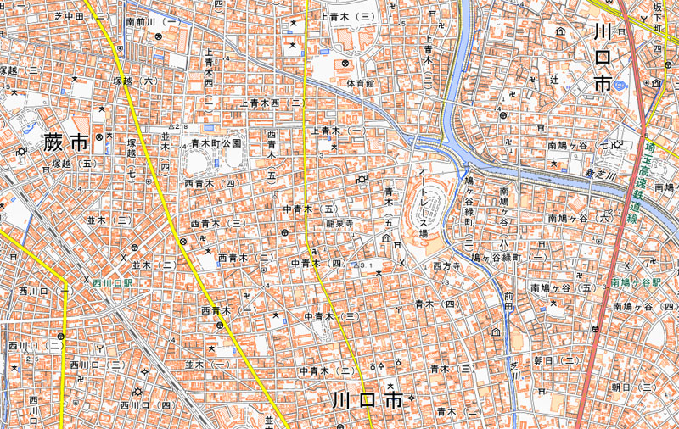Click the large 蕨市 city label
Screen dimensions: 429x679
coord(65,142)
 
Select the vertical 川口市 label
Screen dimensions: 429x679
coord(603,58)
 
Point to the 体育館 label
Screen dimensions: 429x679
coord(360,84)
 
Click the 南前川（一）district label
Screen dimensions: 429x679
coord(153,20)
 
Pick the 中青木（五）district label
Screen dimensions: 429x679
coord(311,209)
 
